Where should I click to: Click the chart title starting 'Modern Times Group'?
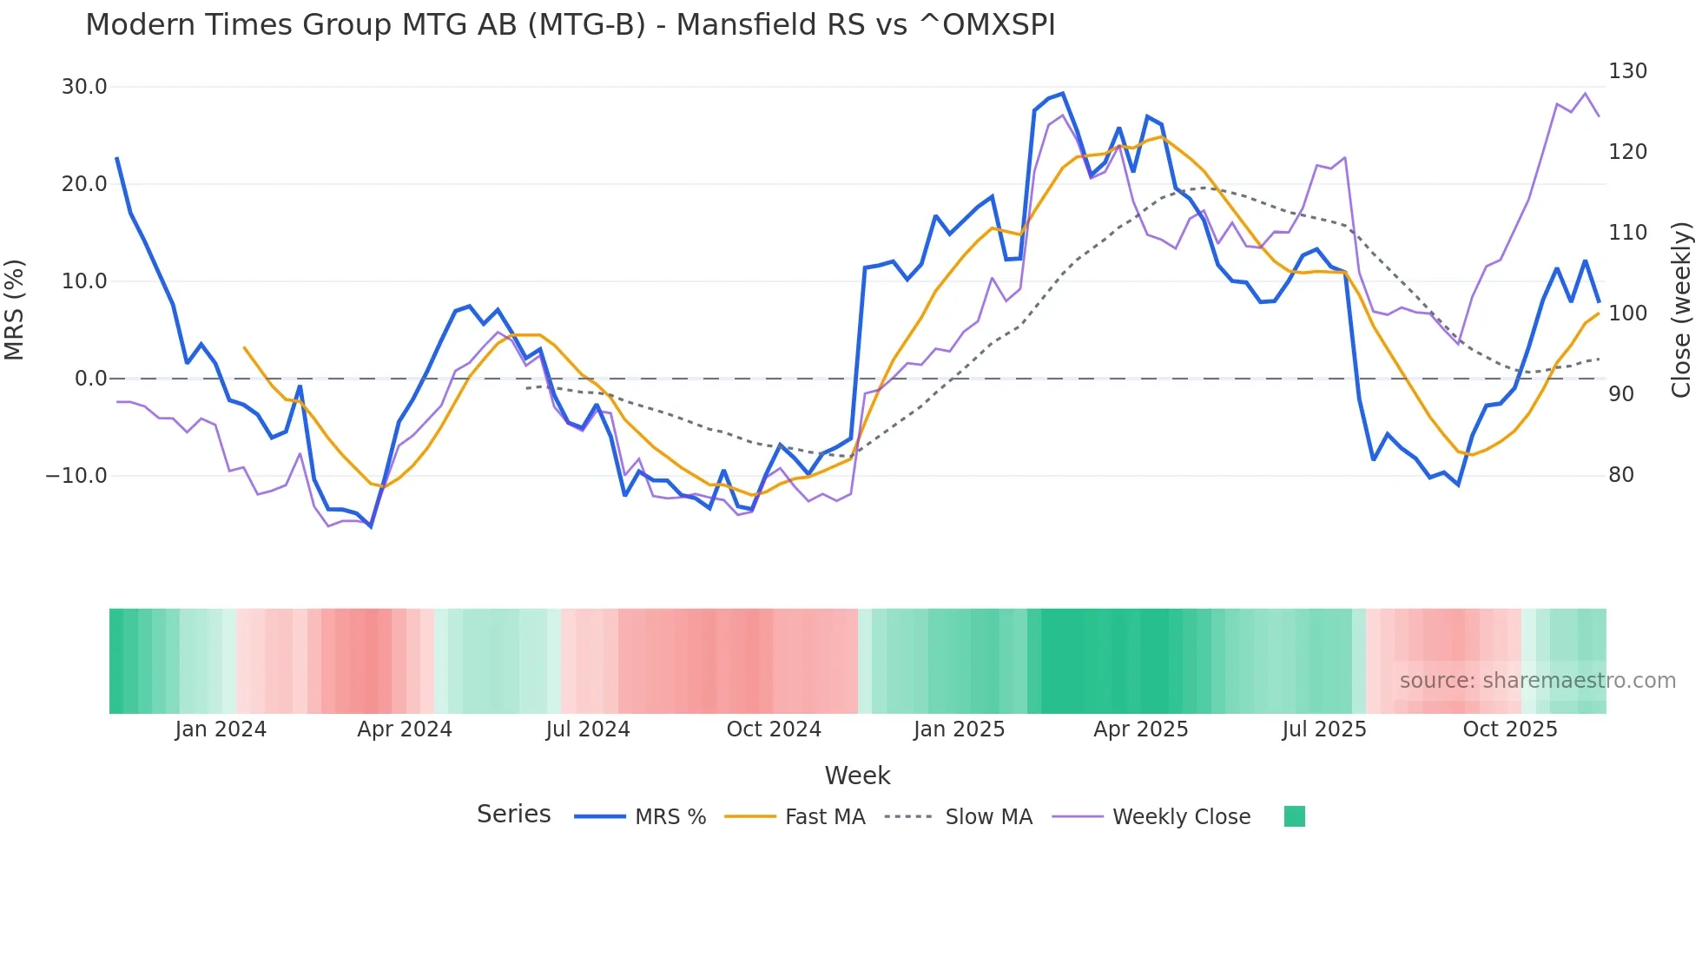570,25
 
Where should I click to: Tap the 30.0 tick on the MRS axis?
84,87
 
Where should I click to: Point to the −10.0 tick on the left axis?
76,476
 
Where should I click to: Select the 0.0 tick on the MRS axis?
90,379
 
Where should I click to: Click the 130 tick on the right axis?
1627,71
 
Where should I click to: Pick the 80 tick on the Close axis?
1621,475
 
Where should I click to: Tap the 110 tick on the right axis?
1627,233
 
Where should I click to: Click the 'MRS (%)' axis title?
15,309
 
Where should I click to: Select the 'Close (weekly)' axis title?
1682,309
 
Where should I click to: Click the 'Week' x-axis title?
857,775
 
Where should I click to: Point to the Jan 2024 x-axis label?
221,729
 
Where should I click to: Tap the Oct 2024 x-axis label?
774,729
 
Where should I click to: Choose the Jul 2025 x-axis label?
1324,729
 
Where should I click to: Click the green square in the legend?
1295,816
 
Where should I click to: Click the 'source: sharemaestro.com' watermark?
1537,681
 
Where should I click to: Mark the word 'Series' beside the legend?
513,815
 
